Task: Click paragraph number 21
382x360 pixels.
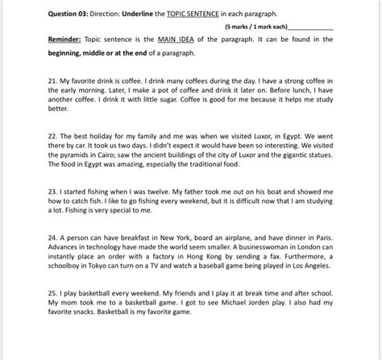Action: point(30,83)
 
